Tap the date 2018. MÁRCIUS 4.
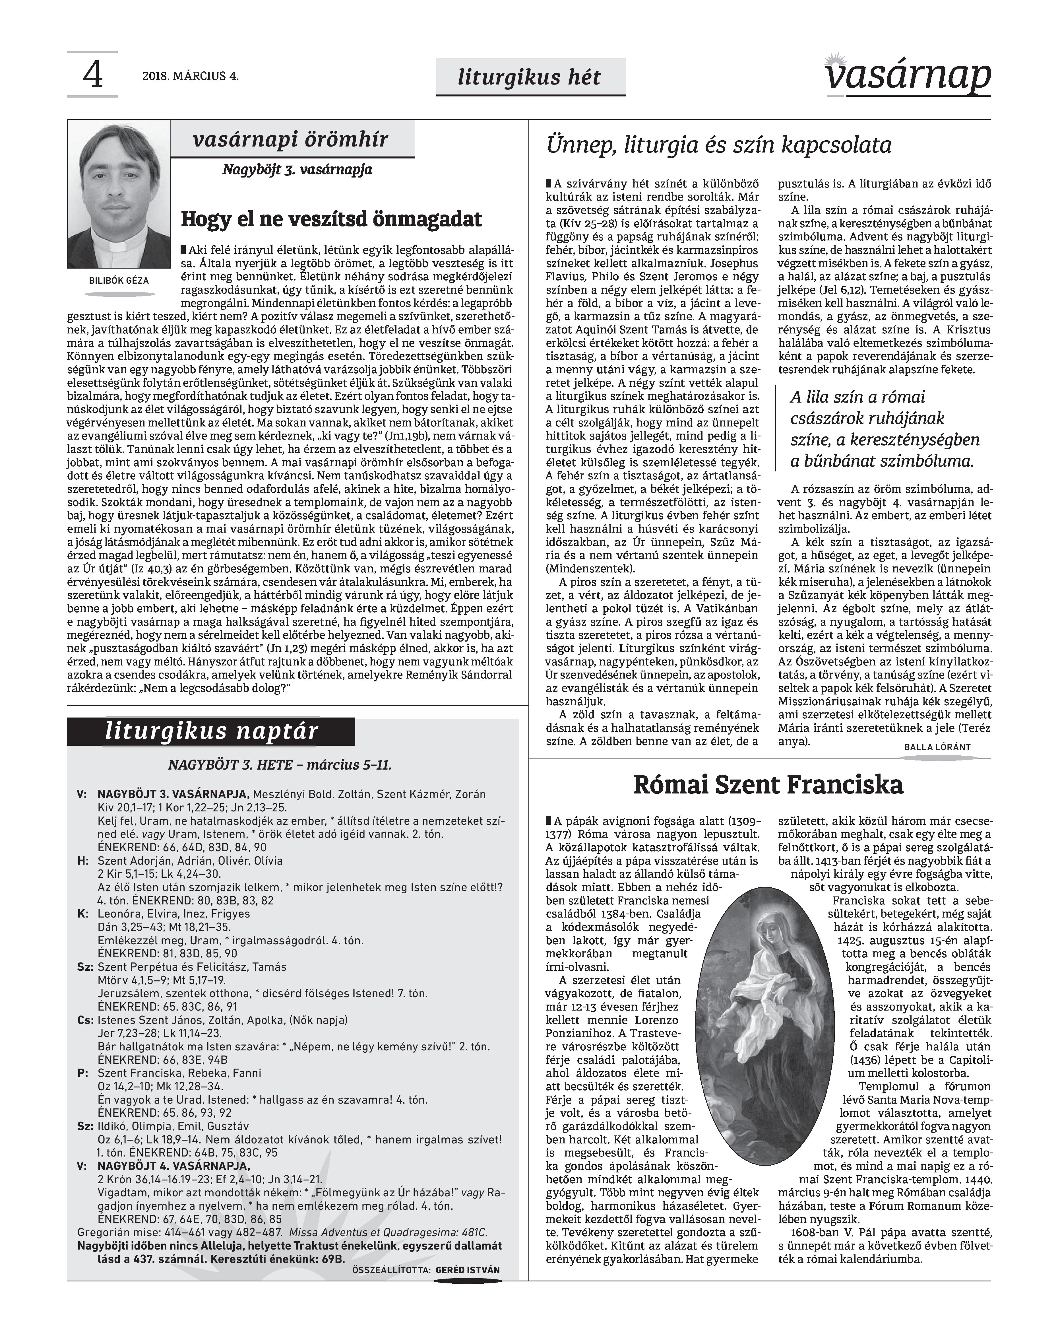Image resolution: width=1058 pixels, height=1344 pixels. (190, 77)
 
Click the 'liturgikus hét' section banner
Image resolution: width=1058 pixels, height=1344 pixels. (530, 77)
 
